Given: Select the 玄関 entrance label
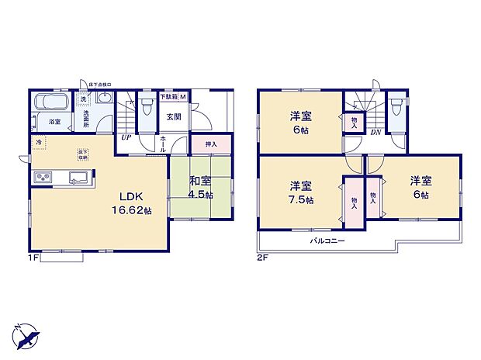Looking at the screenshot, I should point(174,117).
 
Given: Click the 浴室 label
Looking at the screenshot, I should point(55,122).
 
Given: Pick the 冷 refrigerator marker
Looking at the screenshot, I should point(38,142).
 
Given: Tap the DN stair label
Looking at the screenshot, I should point(375,133).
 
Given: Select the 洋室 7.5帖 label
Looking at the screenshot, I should point(302,192).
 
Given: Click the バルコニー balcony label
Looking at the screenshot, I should point(327,241).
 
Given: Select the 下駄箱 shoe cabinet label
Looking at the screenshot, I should point(170,97).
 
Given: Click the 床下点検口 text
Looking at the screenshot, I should point(101,84).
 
